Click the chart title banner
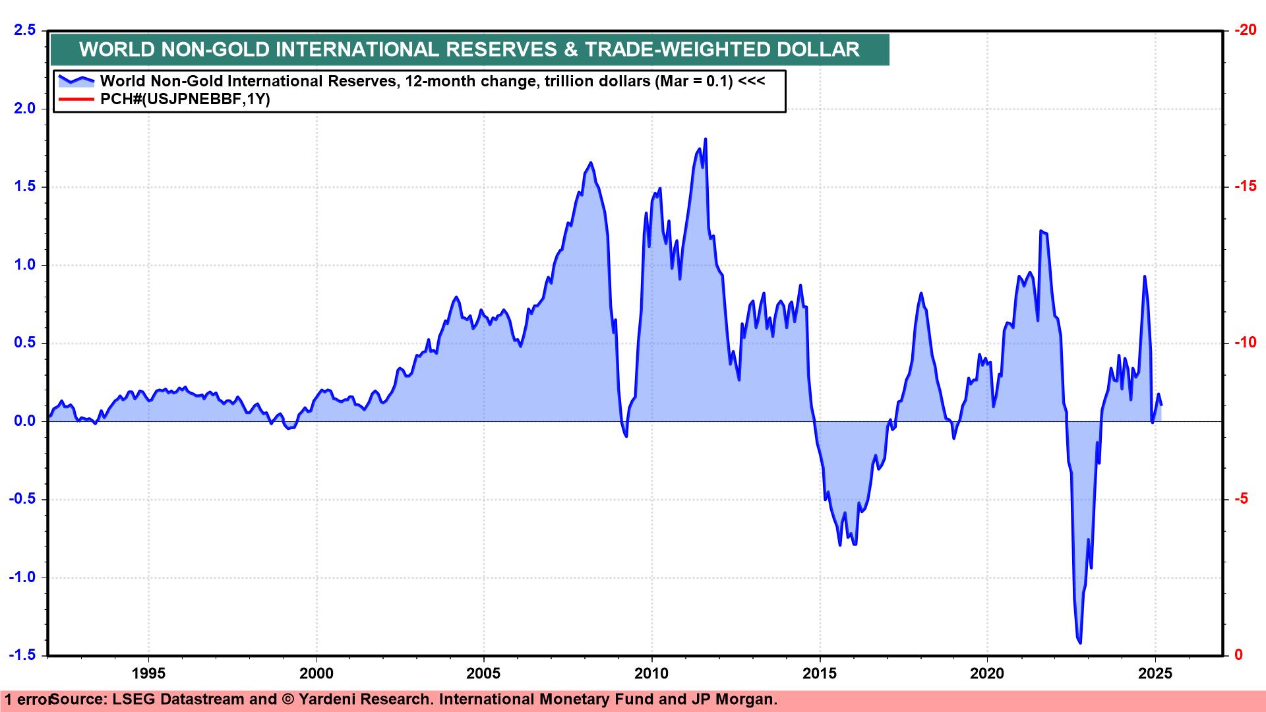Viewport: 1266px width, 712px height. pyautogui.click(x=469, y=49)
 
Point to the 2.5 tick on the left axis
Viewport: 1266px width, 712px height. pyautogui.click(x=23, y=30)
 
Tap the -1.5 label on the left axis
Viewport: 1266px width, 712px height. pyautogui.click(x=22, y=655)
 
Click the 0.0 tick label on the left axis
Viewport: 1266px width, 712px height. pyautogui.click(x=23, y=421)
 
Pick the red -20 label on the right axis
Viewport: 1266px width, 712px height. pyautogui.click(x=1245, y=30)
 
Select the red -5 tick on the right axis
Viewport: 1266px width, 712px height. pyautogui.click(x=1241, y=499)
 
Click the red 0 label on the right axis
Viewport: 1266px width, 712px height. pyautogui.click(x=1238, y=655)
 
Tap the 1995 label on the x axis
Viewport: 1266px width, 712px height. pyautogui.click(x=148, y=673)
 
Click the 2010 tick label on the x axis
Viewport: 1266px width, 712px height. pyautogui.click(x=651, y=673)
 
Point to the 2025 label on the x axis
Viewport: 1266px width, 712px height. pyautogui.click(x=1155, y=673)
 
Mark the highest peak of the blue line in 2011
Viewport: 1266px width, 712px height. pyautogui.click(x=706, y=139)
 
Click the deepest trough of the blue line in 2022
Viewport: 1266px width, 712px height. pyautogui.click(x=1080, y=643)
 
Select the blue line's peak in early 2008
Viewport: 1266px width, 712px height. pyautogui.click(x=590, y=162)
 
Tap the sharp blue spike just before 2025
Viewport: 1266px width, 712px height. pyautogui.click(x=1144, y=277)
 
